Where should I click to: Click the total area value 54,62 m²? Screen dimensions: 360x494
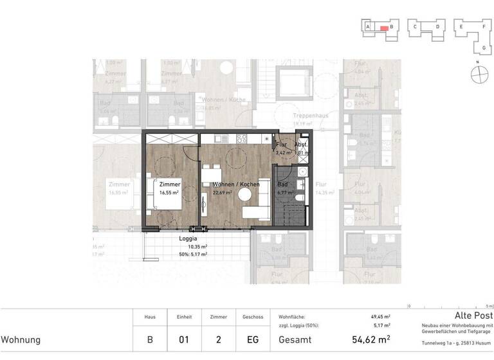[371, 339]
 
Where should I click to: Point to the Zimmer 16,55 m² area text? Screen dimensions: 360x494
[170, 192]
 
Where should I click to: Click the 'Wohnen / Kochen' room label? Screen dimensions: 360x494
[236, 184]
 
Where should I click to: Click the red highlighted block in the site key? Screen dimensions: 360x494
[383, 28]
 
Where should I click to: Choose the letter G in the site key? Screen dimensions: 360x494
[483, 48]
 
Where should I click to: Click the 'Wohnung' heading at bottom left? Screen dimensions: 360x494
[21, 339]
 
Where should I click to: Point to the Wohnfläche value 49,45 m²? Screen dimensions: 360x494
[381, 317]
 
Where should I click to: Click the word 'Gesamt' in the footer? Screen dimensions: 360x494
[295, 339]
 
